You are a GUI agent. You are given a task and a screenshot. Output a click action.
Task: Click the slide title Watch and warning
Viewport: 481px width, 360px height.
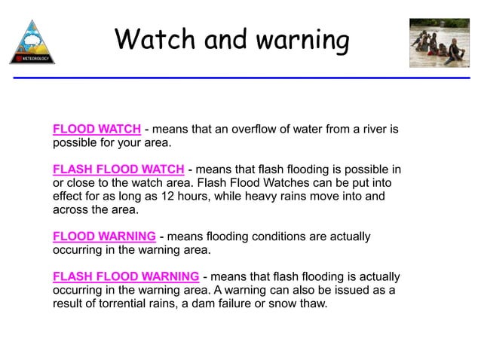click(231, 39)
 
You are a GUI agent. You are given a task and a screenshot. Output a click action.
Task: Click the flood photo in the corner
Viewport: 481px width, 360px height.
click(439, 43)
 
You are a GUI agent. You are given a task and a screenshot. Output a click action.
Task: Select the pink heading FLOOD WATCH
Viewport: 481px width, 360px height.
click(97, 130)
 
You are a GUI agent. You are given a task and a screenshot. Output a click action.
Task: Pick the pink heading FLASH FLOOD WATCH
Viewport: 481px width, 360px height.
click(118, 169)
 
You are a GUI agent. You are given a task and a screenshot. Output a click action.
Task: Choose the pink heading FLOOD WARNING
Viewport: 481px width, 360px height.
click(104, 236)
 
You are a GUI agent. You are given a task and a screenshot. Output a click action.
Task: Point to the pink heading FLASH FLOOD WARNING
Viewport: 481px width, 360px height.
click(126, 276)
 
